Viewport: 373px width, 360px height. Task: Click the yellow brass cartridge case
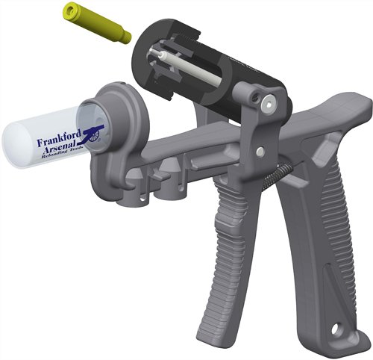click(x=97, y=22)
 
